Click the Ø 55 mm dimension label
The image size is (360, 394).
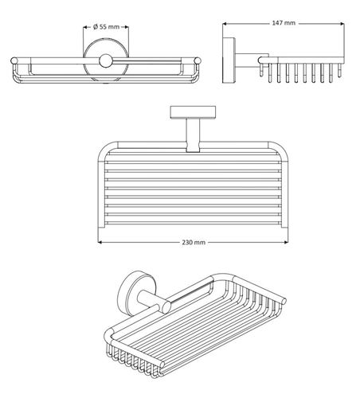tap(106, 27)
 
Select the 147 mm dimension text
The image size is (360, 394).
tap(284, 23)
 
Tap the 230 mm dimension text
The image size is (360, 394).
tap(194, 242)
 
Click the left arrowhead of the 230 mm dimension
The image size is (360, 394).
tap(100, 242)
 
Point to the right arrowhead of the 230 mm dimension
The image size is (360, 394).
tap(286, 242)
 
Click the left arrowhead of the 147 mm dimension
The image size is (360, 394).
tap(225, 24)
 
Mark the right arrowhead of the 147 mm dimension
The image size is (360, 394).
tap(342, 24)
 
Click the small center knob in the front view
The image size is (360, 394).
tap(105, 60)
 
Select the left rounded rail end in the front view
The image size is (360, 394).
tap(14, 60)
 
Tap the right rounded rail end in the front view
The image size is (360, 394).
tap(198, 60)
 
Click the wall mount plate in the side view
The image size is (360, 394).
tap(229, 60)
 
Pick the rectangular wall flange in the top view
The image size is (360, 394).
tap(193, 112)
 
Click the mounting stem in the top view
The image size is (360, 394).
tap(193, 135)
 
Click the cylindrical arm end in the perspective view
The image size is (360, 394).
tap(166, 308)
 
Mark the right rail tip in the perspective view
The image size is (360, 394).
tap(284, 301)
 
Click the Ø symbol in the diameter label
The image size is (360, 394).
tap(96, 27)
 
